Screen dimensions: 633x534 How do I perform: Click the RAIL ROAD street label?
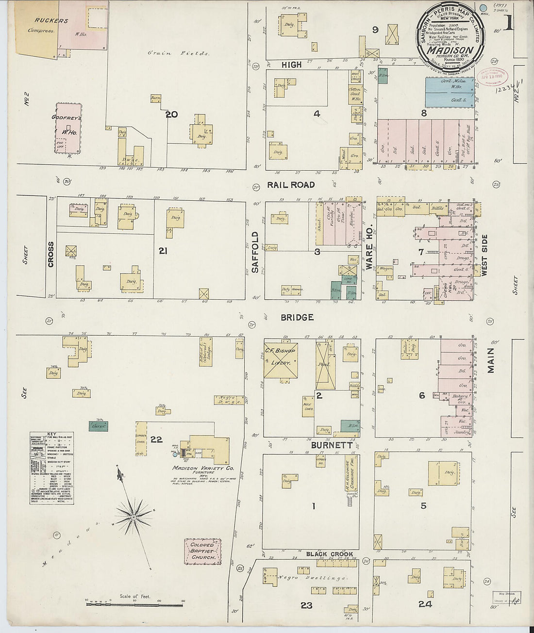[290, 185]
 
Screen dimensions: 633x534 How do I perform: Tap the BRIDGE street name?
[297, 317]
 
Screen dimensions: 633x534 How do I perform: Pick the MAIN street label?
[491, 360]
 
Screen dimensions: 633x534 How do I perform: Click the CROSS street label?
[51, 254]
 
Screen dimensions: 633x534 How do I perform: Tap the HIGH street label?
[291, 65]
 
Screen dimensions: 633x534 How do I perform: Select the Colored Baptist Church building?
[202, 552]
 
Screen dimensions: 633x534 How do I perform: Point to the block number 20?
[171, 114]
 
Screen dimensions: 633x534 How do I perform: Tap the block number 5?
[423, 505]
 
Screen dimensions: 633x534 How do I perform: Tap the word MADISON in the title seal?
[450, 50]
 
